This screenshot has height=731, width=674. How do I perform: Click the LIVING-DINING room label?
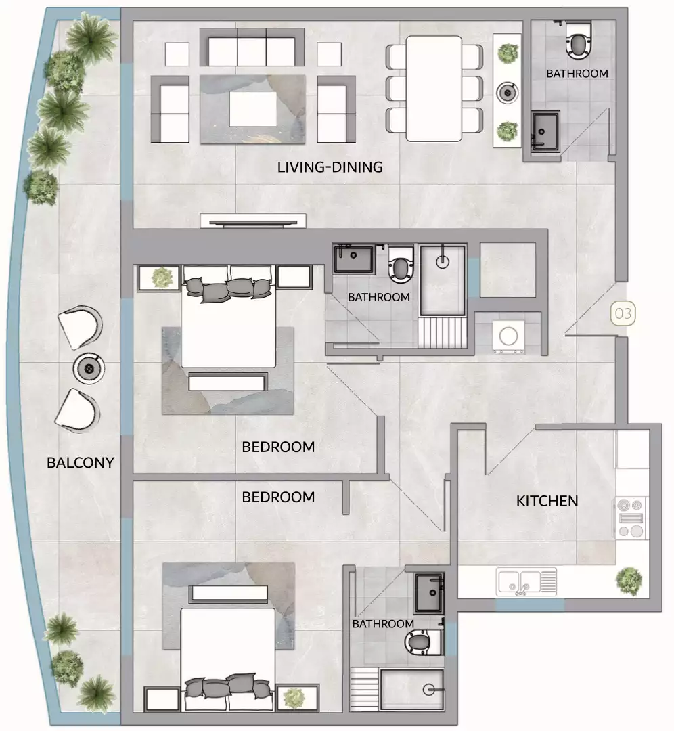330,167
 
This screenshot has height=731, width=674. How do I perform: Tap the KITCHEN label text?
547,501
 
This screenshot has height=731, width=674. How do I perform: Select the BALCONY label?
80,463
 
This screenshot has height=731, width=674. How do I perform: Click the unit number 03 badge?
623,313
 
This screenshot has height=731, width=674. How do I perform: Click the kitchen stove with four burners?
630,518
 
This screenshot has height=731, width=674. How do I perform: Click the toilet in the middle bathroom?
401,266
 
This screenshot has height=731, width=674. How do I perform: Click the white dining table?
434,88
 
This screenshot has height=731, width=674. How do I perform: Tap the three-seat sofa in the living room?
252,51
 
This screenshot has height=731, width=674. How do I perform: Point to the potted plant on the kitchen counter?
629,579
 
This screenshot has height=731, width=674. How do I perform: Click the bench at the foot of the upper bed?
227,382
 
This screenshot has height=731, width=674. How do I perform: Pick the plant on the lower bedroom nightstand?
294,697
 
